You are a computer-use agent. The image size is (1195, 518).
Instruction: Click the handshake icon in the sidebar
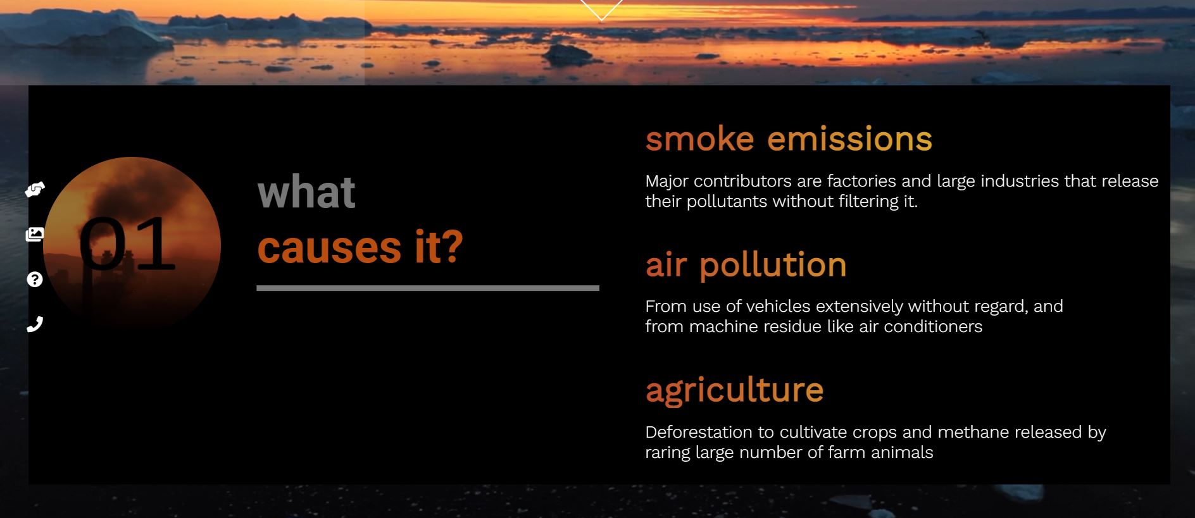(x=35, y=189)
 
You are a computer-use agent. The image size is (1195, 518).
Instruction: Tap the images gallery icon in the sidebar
(x=35, y=235)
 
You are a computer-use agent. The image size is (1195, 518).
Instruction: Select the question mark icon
(x=35, y=280)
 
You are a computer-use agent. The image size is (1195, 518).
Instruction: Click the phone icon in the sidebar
(x=35, y=324)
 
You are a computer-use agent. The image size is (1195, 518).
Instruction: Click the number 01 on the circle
(x=127, y=244)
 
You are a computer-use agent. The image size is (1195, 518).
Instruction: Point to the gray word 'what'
(x=306, y=192)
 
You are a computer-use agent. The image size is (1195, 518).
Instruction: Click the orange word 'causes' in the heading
(x=329, y=247)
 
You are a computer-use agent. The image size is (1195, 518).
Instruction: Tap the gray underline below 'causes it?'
(x=428, y=288)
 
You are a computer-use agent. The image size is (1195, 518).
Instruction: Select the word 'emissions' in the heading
(x=849, y=139)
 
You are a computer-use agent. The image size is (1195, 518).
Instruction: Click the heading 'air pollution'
(x=746, y=265)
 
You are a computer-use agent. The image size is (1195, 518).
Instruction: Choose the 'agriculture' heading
(x=734, y=390)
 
